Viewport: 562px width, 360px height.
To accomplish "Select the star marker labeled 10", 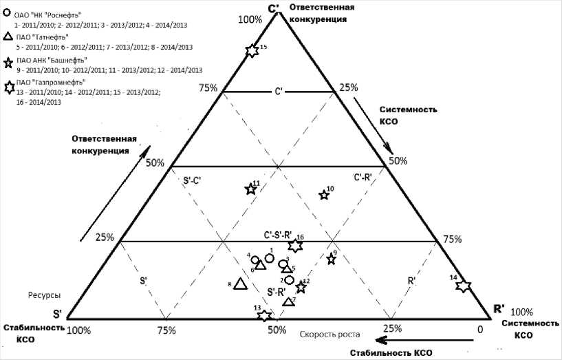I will pos(324,195).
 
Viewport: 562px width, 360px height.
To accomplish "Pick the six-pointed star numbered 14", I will pos(464,286).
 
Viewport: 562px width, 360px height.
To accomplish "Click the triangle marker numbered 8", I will pos(240,284).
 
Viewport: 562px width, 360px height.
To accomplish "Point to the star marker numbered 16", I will pos(295,245).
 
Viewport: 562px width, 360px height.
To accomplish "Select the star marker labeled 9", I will pos(331,259).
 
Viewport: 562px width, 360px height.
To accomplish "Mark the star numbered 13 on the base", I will pos(263,316).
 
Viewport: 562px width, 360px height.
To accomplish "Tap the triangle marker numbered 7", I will pos(289,301).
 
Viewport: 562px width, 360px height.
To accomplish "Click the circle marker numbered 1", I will pos(270,257).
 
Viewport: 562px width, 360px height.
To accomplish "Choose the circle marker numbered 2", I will pos(290,280).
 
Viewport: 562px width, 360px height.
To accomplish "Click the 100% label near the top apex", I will pos(250,19).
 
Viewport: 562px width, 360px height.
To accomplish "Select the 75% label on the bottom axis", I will pos(165,330).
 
